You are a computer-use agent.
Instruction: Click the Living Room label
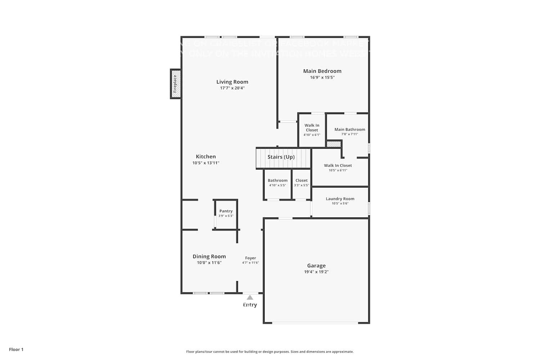tap(232, 82)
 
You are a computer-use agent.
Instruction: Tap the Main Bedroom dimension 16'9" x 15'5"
tap(322, 77)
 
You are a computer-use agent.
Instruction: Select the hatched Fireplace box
tap(175, 84)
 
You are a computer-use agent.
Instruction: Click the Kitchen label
tap(206, 157)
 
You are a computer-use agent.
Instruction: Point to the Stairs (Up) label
tap(281, 157)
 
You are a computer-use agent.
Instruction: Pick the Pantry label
tap(226, 211)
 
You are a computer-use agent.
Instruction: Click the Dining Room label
tap(209, 256)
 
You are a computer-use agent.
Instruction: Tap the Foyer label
tap(251, 258)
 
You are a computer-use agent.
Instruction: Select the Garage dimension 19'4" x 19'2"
tap(316, 272)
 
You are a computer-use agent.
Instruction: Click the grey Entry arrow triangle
tap(250, 297)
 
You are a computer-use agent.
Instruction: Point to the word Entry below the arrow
tap(250, 305)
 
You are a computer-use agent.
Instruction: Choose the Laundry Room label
tap(340, 199)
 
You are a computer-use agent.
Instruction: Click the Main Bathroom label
tap(350, 130)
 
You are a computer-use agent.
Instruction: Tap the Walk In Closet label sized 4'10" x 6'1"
tap(312, 128)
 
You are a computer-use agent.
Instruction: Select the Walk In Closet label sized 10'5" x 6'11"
tap(338, 166)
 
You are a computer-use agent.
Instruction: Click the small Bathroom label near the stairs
tap(278, 181)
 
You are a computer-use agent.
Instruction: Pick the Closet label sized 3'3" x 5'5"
tap(301, 181)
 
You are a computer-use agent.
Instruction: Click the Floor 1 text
tap(16, 350)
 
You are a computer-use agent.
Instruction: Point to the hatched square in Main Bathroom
tap(334, 144)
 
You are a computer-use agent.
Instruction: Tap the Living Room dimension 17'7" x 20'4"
tap(232, 88)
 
